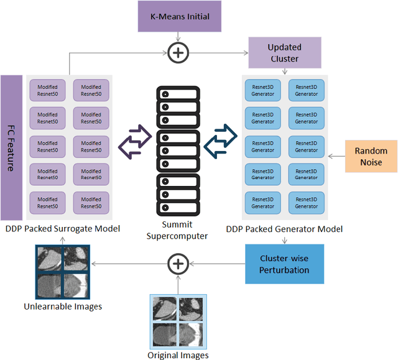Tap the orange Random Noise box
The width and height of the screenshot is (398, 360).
coord(371,155)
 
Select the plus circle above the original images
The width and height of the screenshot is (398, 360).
coord(178,264)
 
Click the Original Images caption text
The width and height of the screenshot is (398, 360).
coord(178,355)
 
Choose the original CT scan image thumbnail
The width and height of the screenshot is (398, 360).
coord(178,321)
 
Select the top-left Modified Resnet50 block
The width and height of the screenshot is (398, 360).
coord(47,90)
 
